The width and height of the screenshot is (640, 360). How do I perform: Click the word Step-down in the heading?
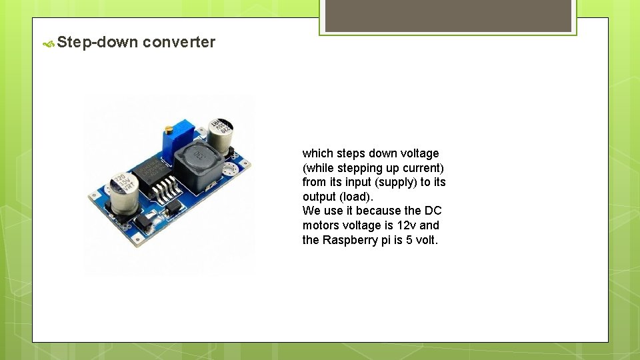click(x=97, y=43)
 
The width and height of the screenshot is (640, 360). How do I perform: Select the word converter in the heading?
click(x=179, y=43)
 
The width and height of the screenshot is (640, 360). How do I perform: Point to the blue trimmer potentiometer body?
click(x=172, y=140)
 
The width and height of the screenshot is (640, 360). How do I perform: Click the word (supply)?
click(x=395, y=182)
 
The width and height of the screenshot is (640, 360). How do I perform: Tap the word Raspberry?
click(x=350, y=240)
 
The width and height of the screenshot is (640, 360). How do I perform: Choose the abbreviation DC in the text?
click(x=433, y=211)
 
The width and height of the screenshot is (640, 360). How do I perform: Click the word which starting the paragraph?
click(x=317, y=153)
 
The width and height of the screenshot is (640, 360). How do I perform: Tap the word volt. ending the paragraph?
click(x=426, y=240)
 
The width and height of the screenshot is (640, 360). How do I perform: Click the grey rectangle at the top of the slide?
click(x=447, y=15)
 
